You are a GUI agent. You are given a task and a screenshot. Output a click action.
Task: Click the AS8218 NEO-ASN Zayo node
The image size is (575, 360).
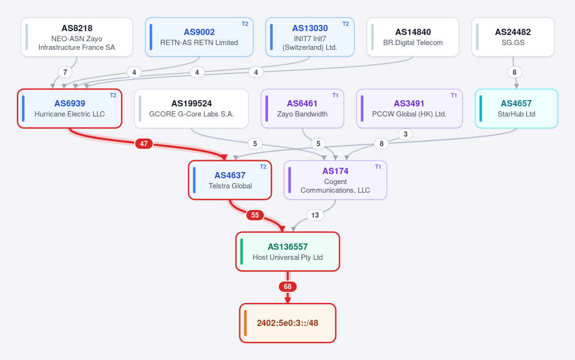pos(77,37)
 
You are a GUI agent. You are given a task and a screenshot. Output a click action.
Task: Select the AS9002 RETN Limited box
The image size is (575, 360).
pos(199,37)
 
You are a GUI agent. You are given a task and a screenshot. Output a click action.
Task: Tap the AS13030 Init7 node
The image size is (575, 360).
pos(310,37)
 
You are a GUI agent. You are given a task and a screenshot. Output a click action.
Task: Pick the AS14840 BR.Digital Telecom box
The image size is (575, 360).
pos(413,37)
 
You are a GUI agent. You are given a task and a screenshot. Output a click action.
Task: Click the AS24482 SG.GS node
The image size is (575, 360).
pos(513,37)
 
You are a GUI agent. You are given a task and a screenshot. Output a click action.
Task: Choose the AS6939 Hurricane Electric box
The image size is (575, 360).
pos(70,108)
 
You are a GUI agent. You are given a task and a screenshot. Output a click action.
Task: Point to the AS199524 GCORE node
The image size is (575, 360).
pos(191,108)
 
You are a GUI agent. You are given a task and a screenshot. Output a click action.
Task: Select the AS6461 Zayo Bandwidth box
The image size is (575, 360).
pos(303,108)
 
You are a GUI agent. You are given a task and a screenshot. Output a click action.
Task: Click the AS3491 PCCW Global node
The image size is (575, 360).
pos(409,108)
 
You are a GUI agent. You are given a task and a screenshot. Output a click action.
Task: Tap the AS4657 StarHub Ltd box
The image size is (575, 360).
pos(516,108)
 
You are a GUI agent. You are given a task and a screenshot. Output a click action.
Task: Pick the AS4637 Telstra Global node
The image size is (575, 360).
pos(230,180)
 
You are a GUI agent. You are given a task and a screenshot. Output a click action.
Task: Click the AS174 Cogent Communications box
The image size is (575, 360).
pos(335,180)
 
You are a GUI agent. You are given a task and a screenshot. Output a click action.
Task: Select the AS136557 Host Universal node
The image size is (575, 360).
pos(288,252)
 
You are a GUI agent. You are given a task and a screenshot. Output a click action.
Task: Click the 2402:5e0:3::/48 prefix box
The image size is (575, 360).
pos(288,323)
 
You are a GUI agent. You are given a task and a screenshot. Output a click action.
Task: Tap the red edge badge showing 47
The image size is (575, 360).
pos(144,144)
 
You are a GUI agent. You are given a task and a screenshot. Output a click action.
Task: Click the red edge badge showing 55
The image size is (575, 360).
pos(255,215)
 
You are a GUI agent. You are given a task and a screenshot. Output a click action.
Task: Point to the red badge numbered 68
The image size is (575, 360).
pos(288,287)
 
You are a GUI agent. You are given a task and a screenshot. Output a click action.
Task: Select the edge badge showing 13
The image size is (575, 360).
pos(315,215)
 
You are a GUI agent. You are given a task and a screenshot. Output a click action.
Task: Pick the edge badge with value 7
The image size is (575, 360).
pos(65,72)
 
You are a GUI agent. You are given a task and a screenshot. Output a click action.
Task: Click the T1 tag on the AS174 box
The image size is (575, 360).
pos(378,167)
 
